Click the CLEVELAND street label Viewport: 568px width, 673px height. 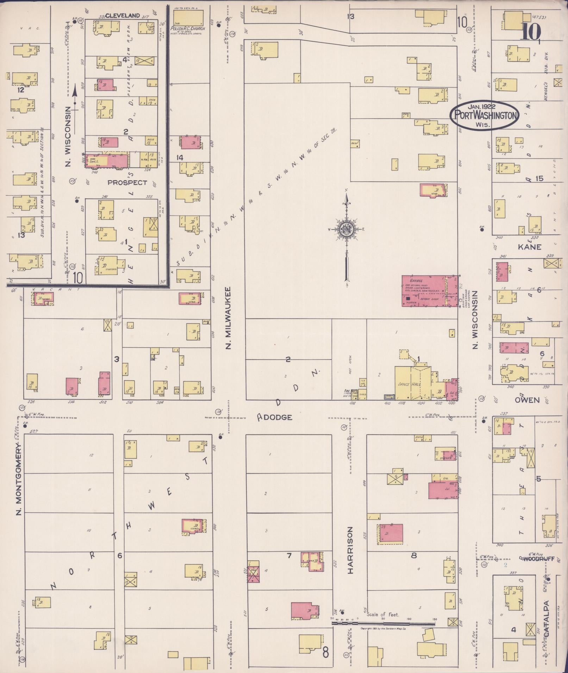click(122, 15)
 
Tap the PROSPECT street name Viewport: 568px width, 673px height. click(127, 183)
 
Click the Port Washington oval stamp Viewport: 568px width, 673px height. click(484, 115)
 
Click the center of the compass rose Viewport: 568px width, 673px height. click(347, 229)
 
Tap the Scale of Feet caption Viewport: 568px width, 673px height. click(382, 615)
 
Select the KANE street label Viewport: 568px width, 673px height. click(529, 247)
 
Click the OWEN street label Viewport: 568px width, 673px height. click(527, 400)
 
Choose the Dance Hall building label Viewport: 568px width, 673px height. click(412, 385)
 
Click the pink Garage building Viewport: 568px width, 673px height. click(424, 291)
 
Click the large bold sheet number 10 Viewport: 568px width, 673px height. click(531, 33)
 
